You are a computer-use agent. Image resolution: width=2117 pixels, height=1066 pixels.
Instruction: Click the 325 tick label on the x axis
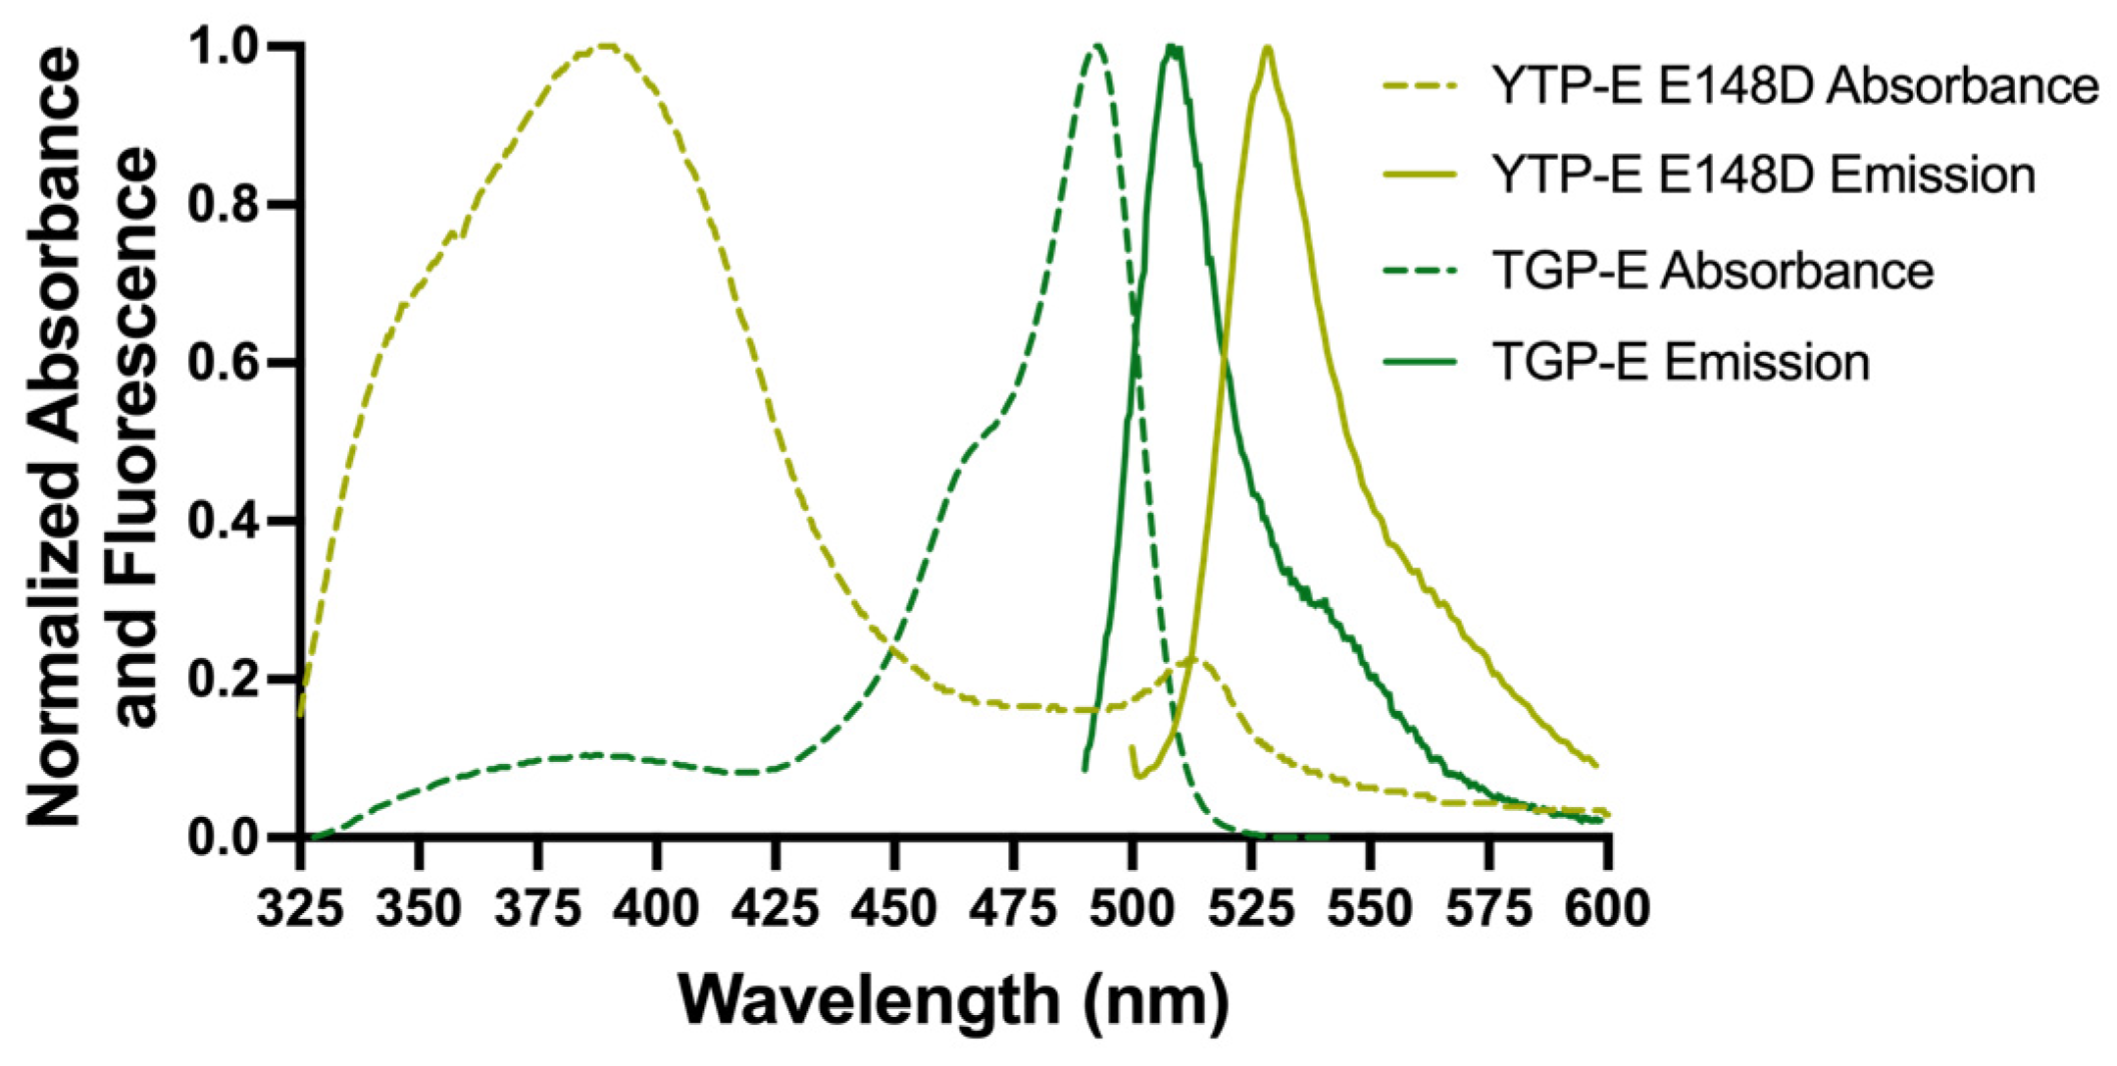click(x=300, y=908)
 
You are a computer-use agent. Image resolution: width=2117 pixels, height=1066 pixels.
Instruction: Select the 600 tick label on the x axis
click(x=1606, y=908)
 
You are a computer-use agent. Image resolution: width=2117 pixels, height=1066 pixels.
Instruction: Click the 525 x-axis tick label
click(x=1251, y=908)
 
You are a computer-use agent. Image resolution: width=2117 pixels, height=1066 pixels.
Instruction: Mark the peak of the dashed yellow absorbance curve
click(x=607, y=45)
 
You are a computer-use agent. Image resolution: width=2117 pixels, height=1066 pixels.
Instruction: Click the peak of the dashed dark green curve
click(x=1097, y=45)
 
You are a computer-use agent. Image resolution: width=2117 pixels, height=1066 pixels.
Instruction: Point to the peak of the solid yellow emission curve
click(x=1268, y=46)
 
